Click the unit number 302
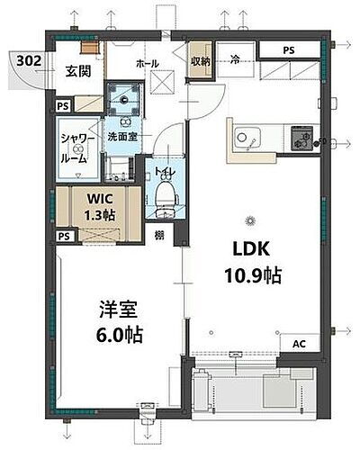click(x=26, y=61)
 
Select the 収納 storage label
click(x=201, y=63)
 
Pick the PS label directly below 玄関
click(x=62, y=106)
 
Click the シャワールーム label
click(x=74, y=148)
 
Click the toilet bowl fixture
click(x=165, y=194)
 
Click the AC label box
click(x=299, y=344)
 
